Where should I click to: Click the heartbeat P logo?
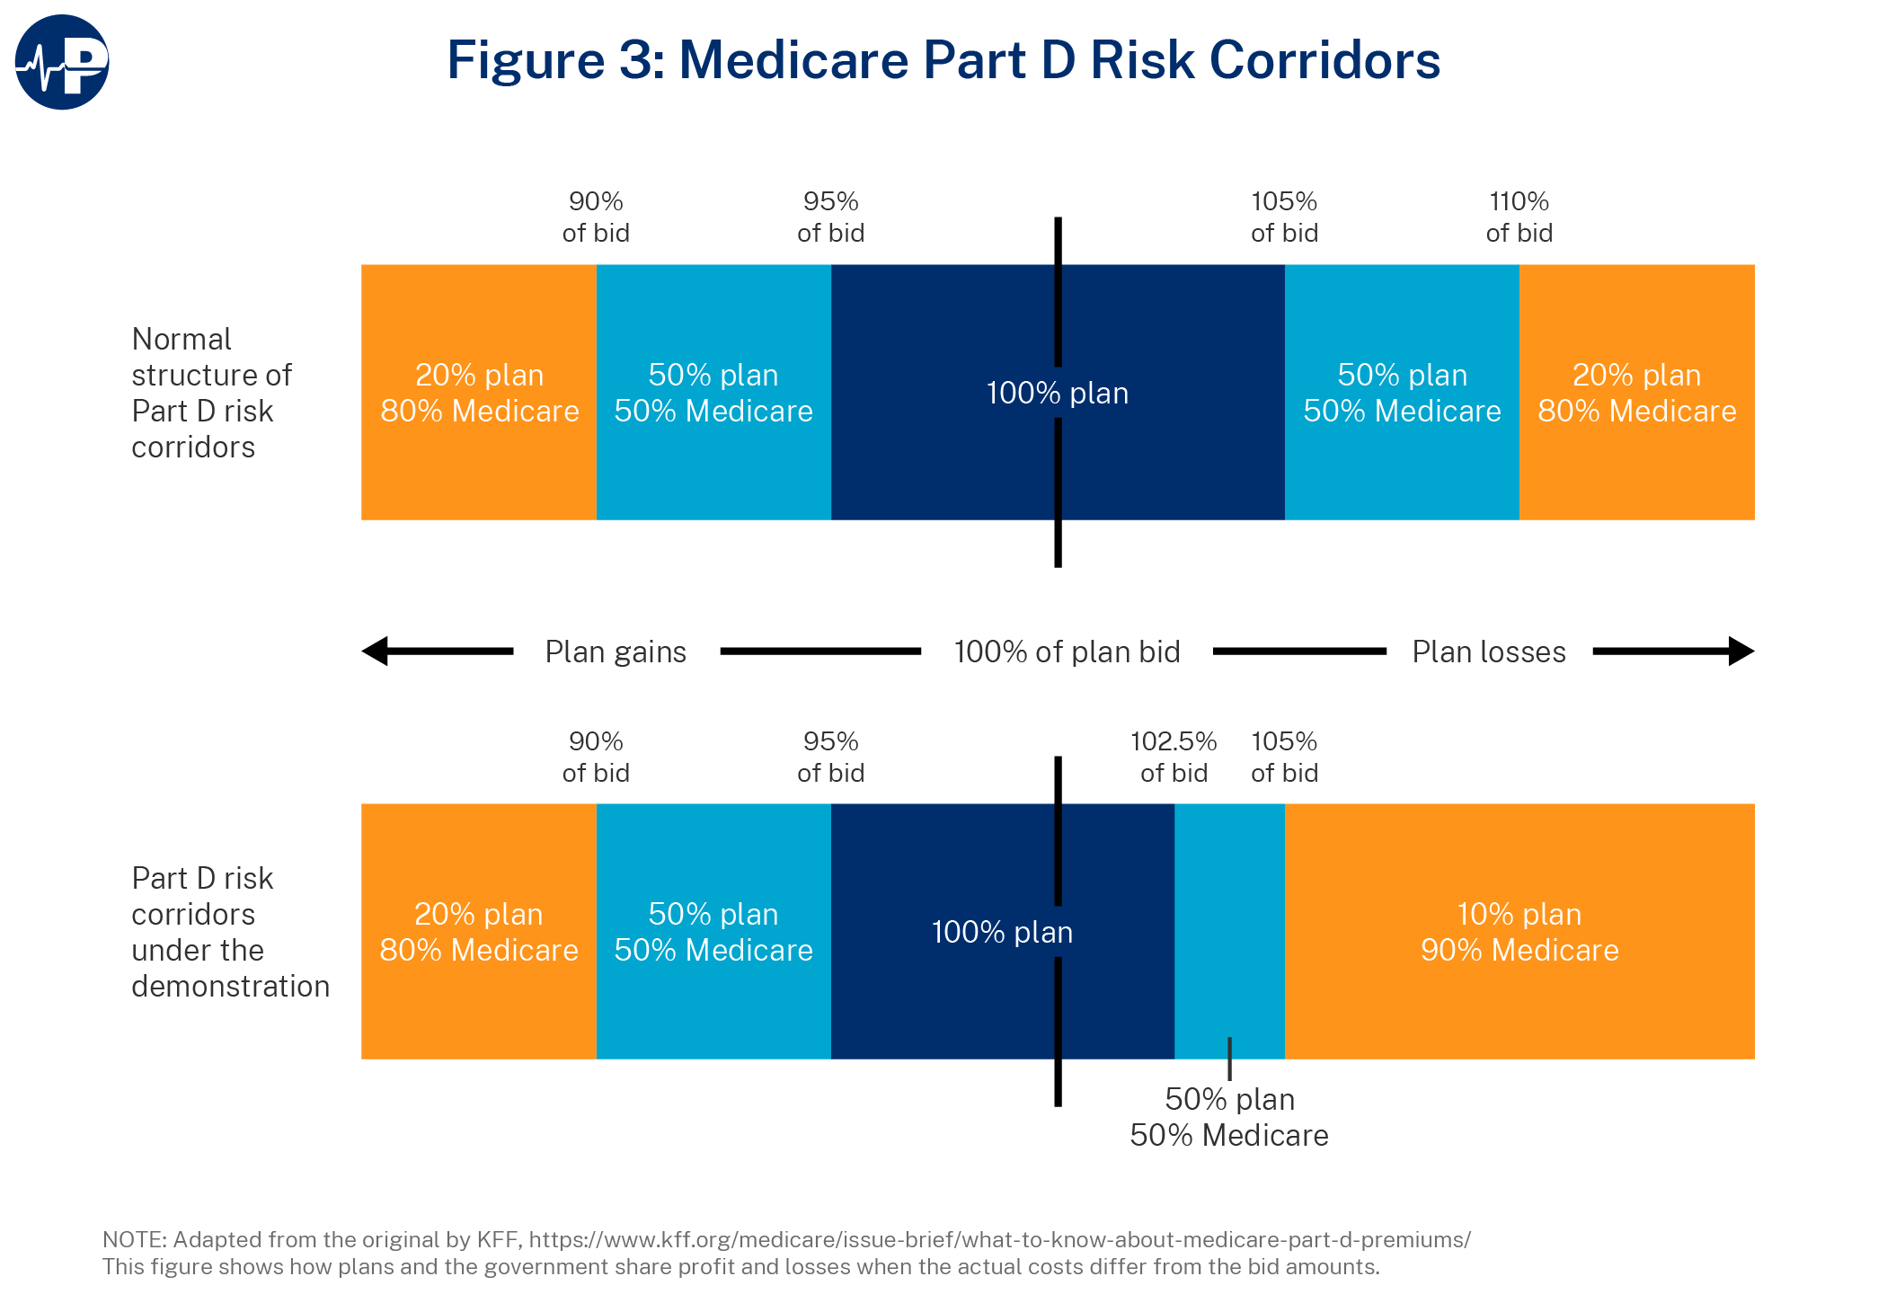(x=62, y=62)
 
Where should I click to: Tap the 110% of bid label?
(x=1519, y=217)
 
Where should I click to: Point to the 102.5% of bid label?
(x=1174, y=757)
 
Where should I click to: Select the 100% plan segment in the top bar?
(x=1058, y=393)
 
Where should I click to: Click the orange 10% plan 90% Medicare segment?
(x=1519, y=932)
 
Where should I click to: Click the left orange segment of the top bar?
(x=479, y=393)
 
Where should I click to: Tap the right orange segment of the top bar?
(x=1636, y=393)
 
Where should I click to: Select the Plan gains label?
(x=616, y=651)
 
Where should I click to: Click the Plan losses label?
(x=1489, y=651)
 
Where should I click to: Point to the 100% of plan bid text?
(x=1067, y=651)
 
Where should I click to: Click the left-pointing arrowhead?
(x=377, y=651)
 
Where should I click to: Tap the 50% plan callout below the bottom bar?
(x=1229, y=1117)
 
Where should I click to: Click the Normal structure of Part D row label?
(x=211, y=393)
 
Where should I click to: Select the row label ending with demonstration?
(x=229, y=932)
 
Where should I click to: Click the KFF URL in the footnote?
(x=999, y=1240)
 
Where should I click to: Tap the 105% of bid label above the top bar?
(x=1284, y=217)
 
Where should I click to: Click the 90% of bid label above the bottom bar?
(x=596, y=757)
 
